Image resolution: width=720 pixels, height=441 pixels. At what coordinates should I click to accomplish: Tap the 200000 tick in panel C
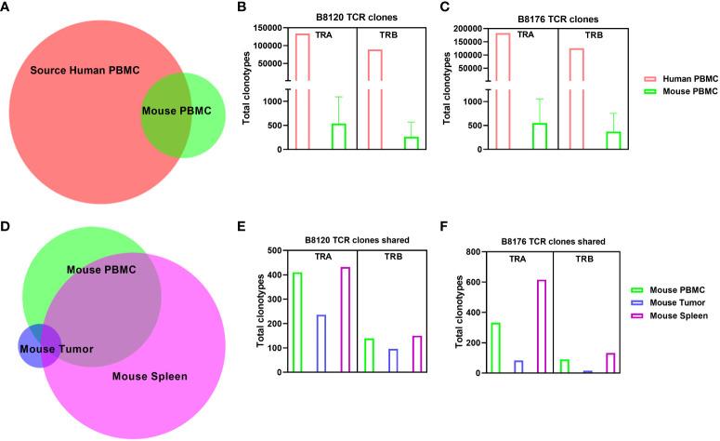[x=480, y=29]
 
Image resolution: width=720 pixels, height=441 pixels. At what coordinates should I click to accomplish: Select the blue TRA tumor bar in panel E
[x=321, y=343]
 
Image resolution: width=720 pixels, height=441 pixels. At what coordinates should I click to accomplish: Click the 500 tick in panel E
[x=274, y=250]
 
